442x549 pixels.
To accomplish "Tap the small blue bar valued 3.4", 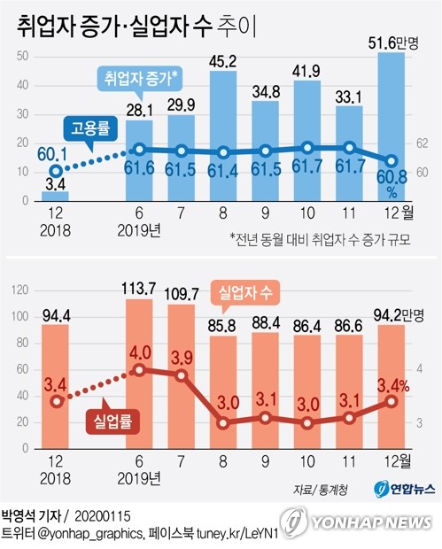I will (x=55, y=197).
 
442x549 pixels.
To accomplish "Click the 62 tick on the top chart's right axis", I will (x=423, y=142).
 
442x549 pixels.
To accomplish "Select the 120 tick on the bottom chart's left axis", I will (x=19, y=290).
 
